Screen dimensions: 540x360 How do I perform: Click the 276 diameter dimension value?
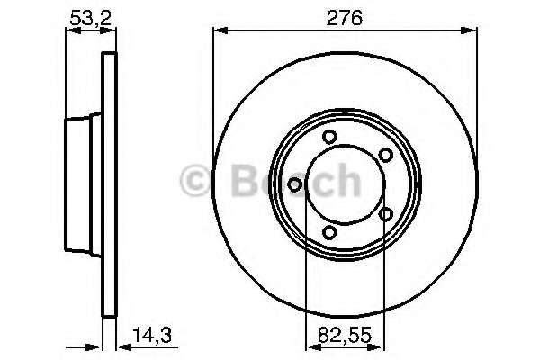coord(345,18)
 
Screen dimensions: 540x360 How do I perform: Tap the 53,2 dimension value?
coord(91,18)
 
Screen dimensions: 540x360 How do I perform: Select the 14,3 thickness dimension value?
coord(152,334)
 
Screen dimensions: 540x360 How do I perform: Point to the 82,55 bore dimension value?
coord(345,334)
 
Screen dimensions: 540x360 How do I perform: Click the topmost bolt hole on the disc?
coord(329,137)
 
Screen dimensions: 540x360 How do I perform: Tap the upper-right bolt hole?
coord(386,155)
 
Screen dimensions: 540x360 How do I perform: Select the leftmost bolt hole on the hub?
coord(295,185)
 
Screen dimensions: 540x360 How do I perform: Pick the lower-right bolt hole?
coord(386,214)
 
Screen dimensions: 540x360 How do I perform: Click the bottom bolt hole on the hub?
coord(329,232)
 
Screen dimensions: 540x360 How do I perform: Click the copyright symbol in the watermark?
coord(195,181)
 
